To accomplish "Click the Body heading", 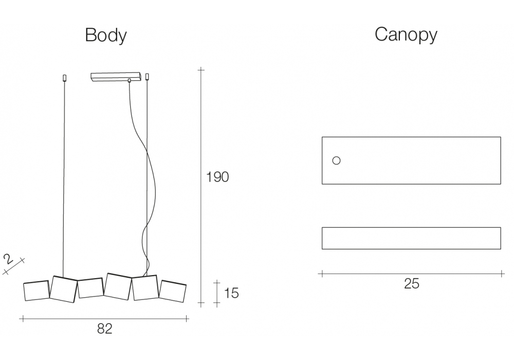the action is pyautogui.click(x=105, y=35).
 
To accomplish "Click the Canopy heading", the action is pyautogui.click(x=406, y=34).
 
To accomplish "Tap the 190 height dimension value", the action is pyautogui.click(x=217, y=177).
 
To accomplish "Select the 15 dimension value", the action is pyautogui.click(x=231, y=293).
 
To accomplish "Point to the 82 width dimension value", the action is pyautogui.click(x=104, y=329).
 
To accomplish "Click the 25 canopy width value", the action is pyautogui.click(x=411, y=283).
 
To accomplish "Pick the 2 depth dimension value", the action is pyautogui.click(x=8, y=259).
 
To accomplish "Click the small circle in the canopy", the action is pyautogui.click(x=336, y=160).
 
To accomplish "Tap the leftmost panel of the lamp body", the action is pyautogui.click(x=36, y=291).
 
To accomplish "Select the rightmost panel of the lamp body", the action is pyautogui.click(x=173, y=291).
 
